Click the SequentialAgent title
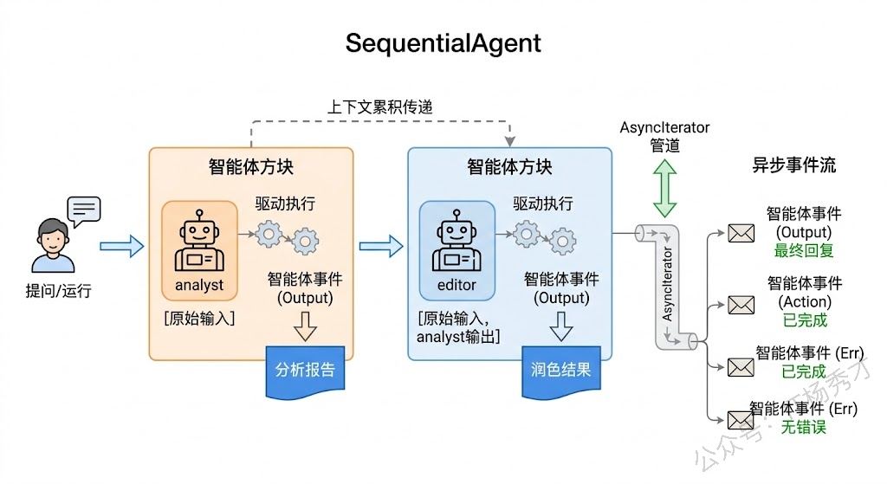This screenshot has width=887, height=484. click(443, 42)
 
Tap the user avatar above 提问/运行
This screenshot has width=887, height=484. click(51, 246)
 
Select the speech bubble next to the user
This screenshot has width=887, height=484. click(84, 210)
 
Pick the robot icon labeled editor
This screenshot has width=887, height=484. click(456, 242)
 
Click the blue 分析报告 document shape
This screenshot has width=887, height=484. click(305, 371)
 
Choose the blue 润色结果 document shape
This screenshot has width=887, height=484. click(560, 371)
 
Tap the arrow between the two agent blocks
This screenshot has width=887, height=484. click(380, 247)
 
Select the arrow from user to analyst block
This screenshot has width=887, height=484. click(121, 247)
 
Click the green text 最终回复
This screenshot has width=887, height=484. click(803, 251)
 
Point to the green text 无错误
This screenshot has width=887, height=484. click(803, 427)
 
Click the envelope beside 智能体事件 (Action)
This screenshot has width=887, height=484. click(741, 305)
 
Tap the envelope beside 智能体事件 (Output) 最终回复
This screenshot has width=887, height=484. click(741, 233)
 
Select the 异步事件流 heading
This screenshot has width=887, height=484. click(793, 165)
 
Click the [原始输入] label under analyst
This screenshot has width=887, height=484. click(199, 318)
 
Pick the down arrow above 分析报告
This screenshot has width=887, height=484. click(305, 328)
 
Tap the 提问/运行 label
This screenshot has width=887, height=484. click(58, 291)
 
